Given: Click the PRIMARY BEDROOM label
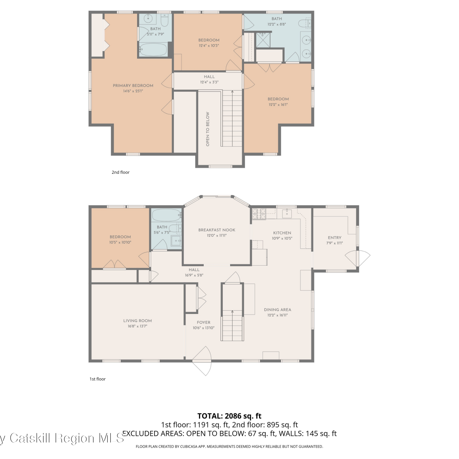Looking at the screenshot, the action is tap(133, 86).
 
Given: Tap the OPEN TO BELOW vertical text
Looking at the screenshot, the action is tap(208, 129).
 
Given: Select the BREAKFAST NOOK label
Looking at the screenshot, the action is tap(217, 230).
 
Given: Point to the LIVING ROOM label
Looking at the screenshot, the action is tap(137, 321).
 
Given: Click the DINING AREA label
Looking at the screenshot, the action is tap(278, 310).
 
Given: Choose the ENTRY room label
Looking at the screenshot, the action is tap(334, 238).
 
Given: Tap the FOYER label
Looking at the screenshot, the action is tap(203, 322).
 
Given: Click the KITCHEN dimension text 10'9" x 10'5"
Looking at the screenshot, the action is tap(282, 238).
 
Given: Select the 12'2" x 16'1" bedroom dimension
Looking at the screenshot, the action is tap(278, 105).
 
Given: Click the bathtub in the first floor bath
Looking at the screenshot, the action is tap(166, 215).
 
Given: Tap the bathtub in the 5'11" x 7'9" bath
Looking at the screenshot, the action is tap(153, 50).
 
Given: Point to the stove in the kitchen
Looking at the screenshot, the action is tap(259, 214).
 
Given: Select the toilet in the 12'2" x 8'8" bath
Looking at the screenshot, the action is tap(304, 23).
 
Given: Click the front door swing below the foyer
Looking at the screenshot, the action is tap(202, 361).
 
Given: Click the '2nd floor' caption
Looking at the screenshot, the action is tap(121, 172).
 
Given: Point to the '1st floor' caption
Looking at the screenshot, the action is tap(98, 379).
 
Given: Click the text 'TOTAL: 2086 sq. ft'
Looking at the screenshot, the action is tap(229, 416).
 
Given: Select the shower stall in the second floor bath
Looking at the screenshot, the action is tap(263, 40).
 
